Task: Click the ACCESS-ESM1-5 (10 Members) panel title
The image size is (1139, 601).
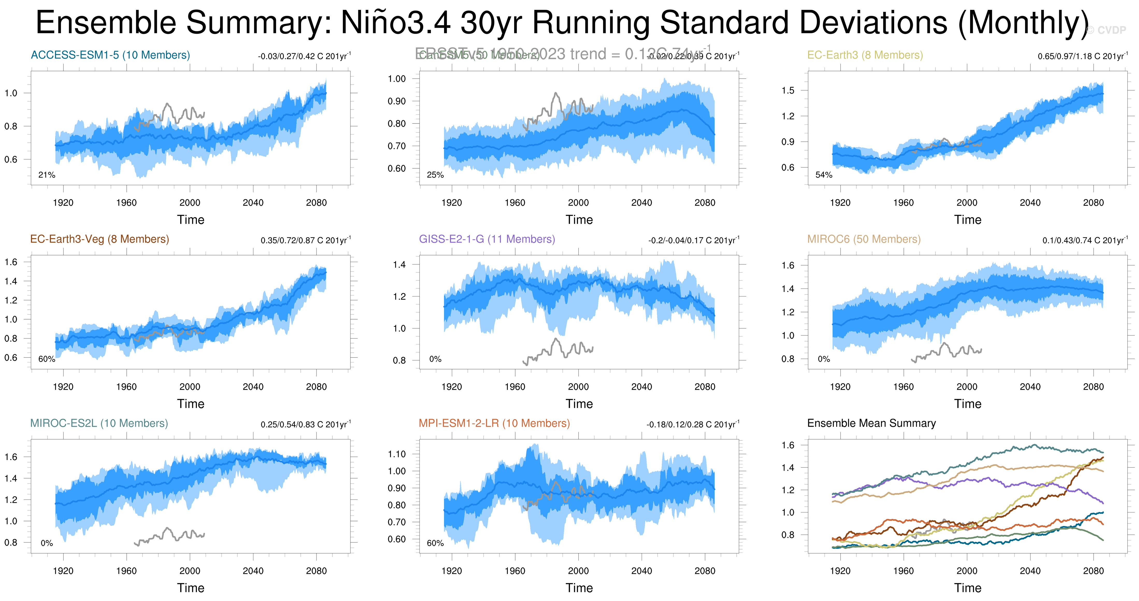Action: coord(110,55)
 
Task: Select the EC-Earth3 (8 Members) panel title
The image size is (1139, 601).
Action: coord(865,55)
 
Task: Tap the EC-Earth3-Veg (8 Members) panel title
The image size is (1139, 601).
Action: coord(99,239)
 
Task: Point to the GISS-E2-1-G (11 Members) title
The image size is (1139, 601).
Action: coord(487,239)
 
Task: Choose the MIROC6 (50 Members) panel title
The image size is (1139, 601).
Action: coord(864,239)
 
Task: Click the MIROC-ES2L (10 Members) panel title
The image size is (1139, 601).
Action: coord(99,423)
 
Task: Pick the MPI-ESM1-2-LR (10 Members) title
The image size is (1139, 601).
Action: coord(494,423)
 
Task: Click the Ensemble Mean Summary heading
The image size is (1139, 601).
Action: coord(871,423)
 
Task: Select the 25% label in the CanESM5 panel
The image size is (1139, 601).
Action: coord(435,175)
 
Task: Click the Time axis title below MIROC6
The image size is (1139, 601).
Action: coord(968,404)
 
